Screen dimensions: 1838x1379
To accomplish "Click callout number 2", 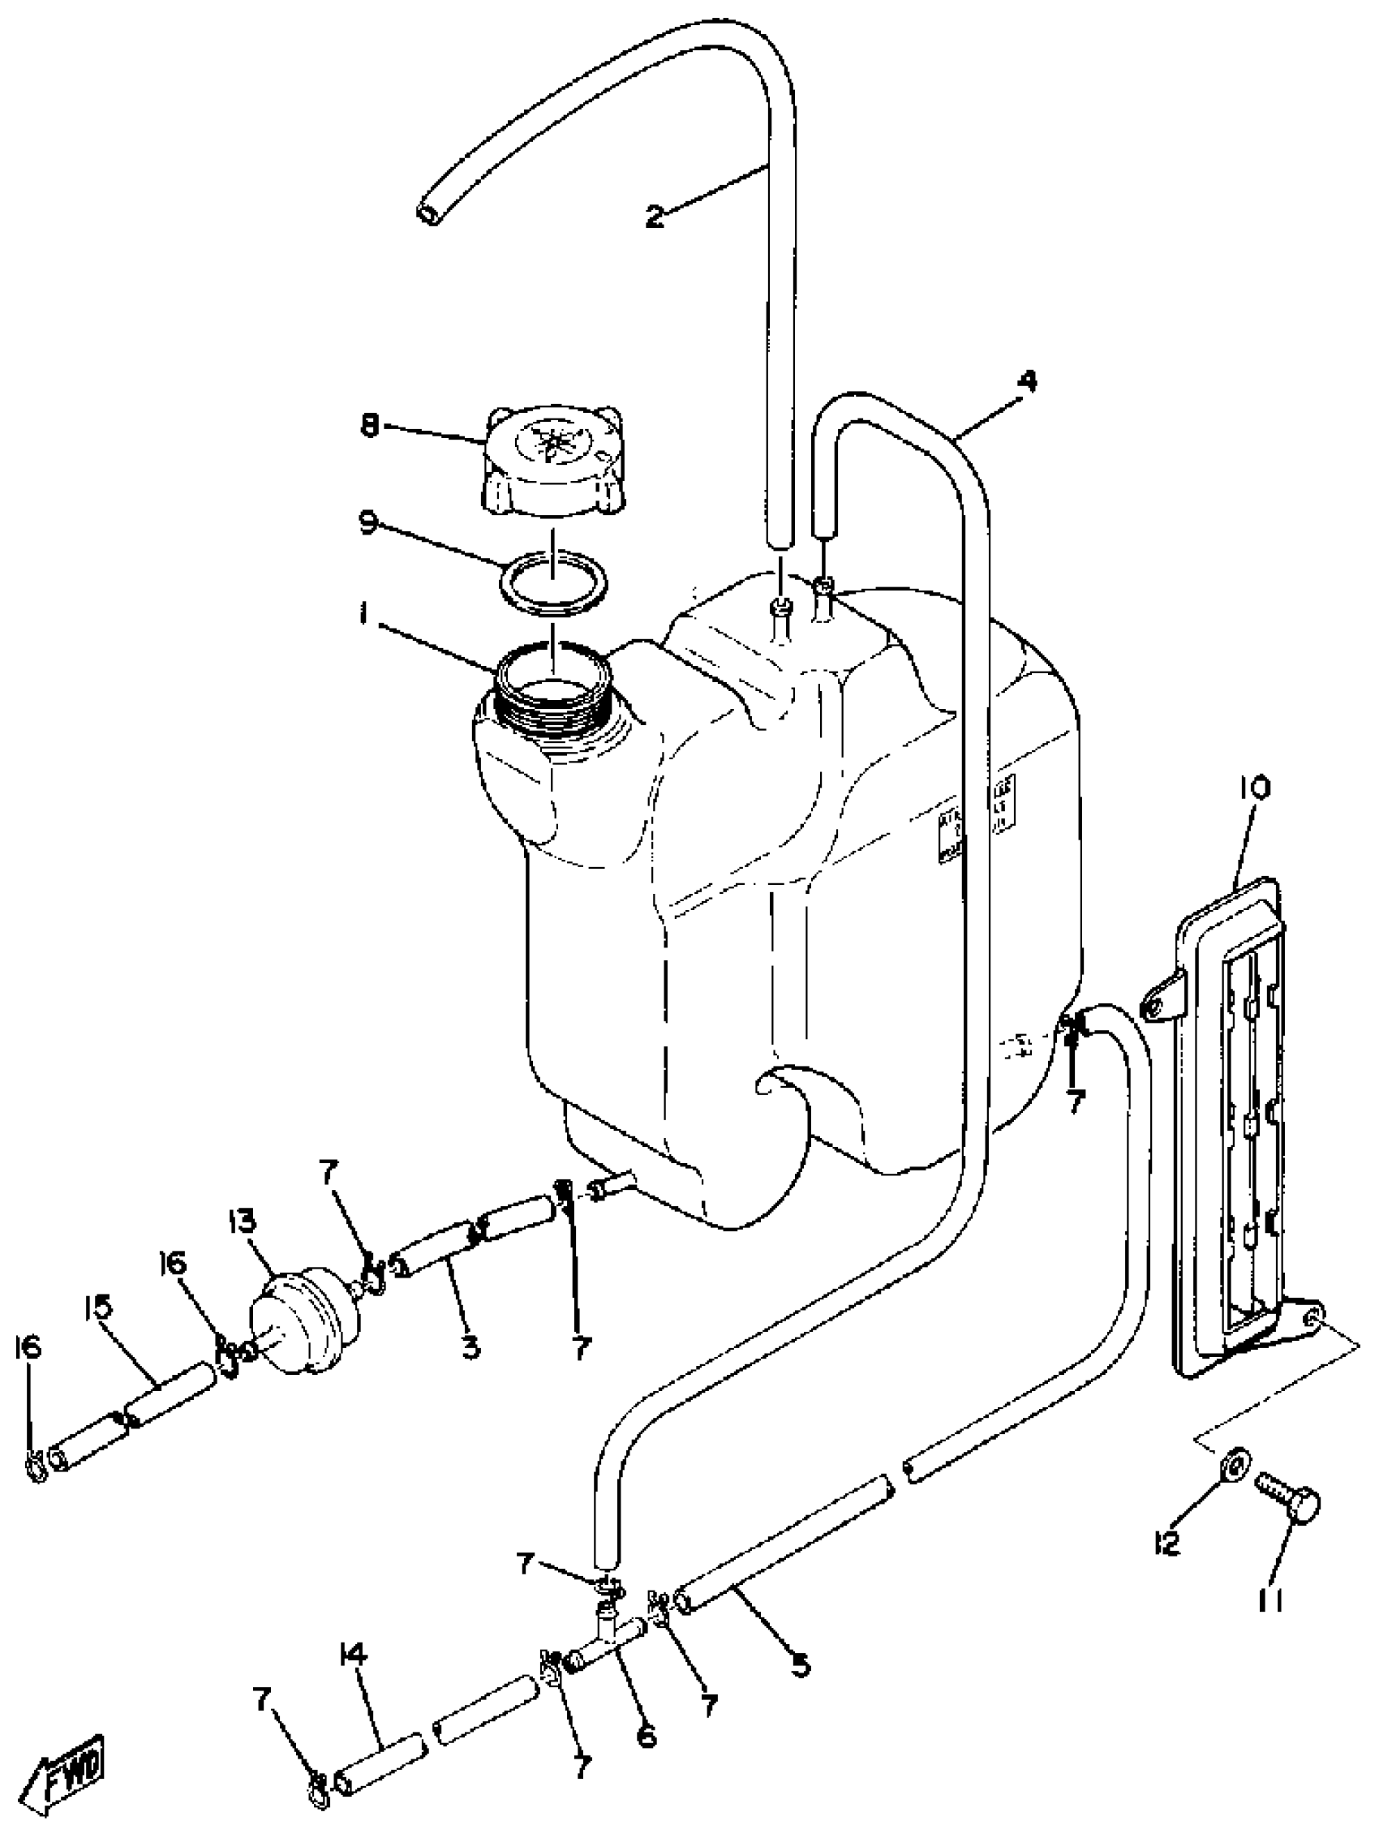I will (x=654, y=217).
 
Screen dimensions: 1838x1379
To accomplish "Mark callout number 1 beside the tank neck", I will (x=363, y=614).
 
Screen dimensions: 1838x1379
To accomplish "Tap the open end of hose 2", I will (x=429, y=213).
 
